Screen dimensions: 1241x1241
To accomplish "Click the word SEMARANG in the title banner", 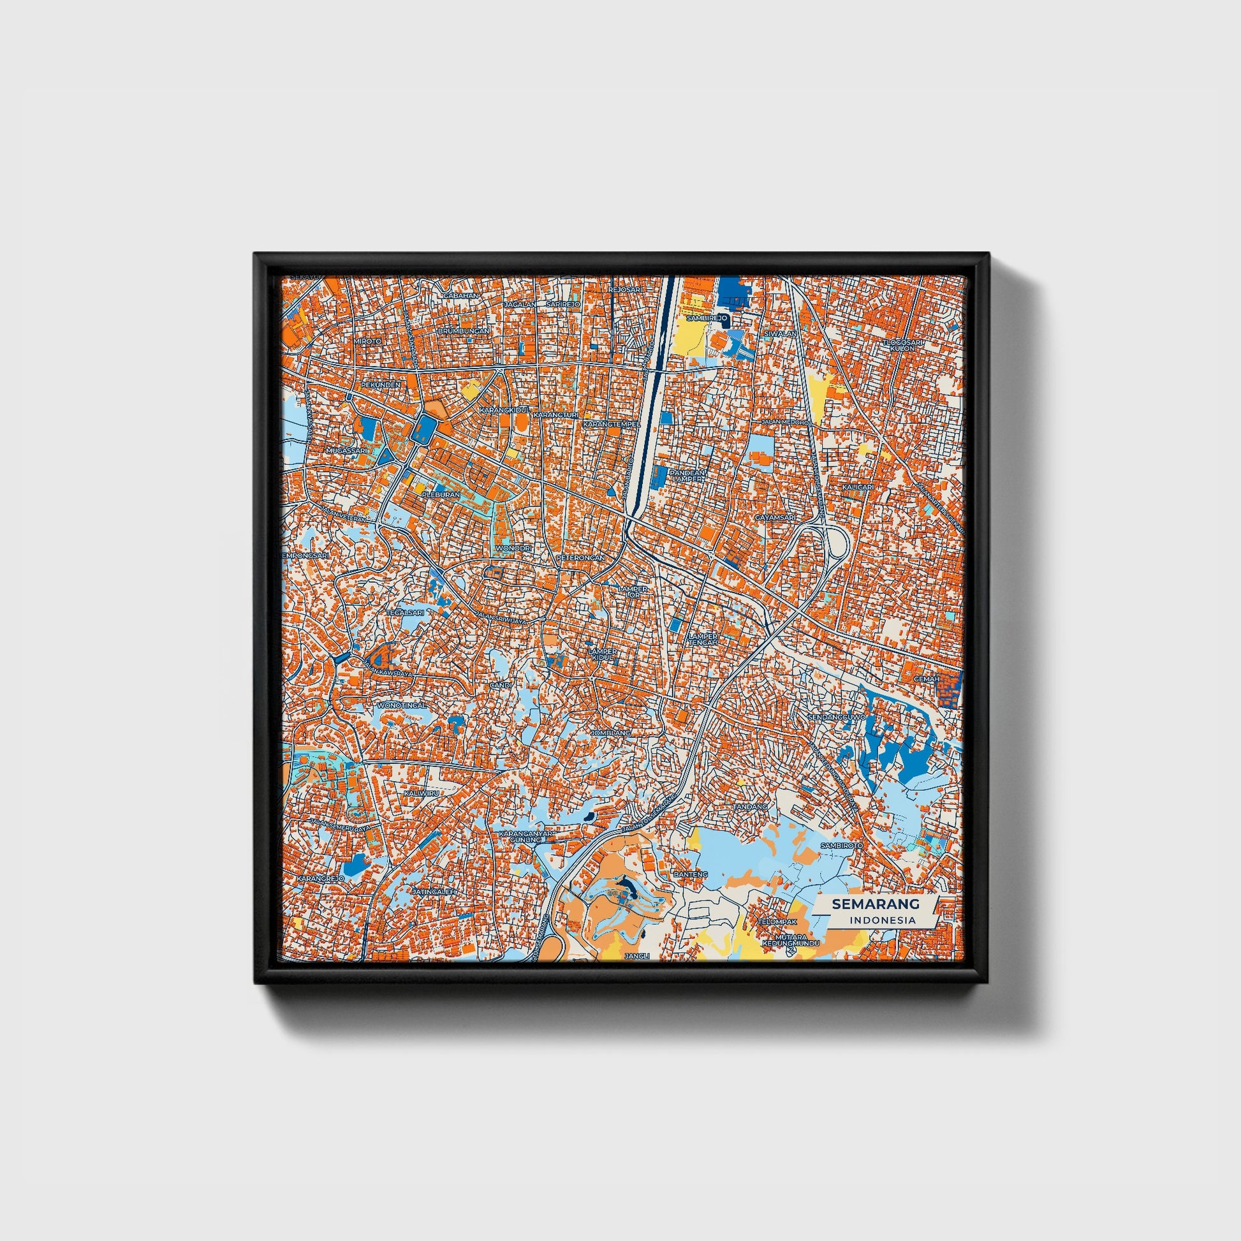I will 876,904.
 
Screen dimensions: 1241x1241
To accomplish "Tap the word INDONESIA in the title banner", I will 882,920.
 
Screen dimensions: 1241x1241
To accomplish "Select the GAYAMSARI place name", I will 775,517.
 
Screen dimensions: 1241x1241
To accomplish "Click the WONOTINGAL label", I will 402,705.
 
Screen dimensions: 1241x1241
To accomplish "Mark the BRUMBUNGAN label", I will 463,331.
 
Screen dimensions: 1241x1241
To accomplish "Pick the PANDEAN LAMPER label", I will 688,476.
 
